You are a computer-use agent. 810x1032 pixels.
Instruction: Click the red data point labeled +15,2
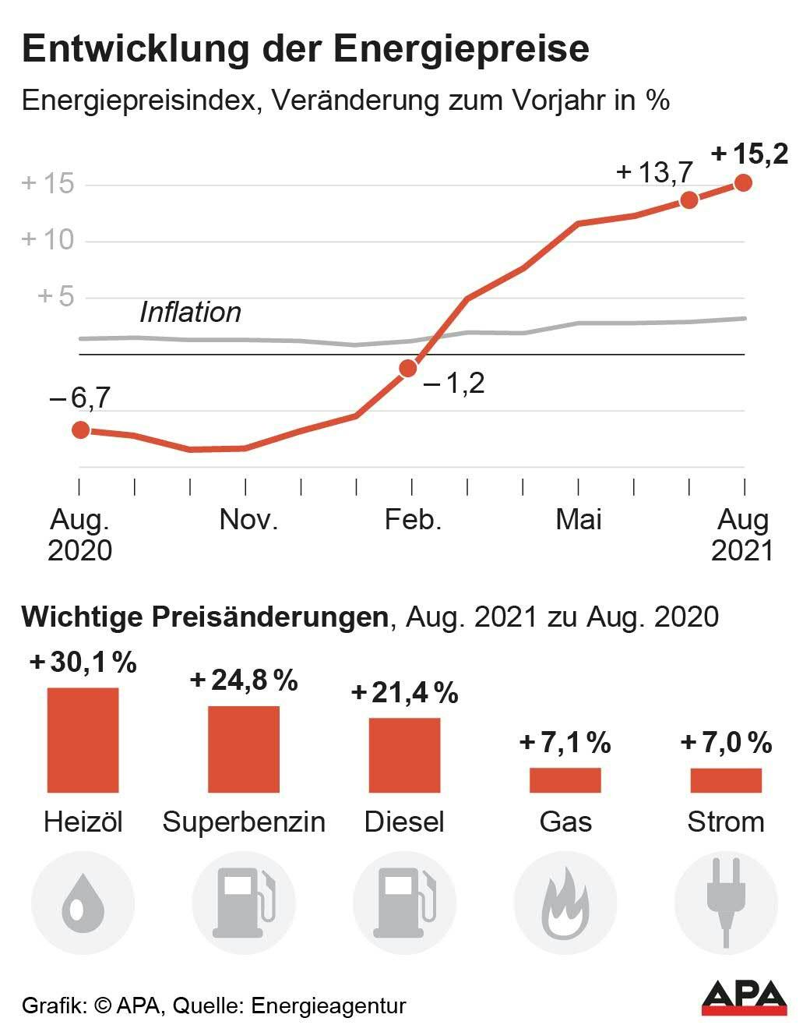click(x=743, y=183)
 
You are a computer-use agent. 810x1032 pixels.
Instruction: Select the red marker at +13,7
click(x=688, y=200)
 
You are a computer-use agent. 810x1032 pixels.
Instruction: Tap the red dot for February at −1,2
click(x=407, y=368)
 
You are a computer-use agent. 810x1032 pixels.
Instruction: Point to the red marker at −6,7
click(x=80, y=430)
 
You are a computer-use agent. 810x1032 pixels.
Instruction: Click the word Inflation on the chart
click(x=190, y=313)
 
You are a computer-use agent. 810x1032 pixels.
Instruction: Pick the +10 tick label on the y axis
click(x=48, y=239)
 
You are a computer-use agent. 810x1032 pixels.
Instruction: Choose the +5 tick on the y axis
click(x=55, y=296)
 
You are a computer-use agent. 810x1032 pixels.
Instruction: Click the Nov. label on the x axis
click(x=248, y=520)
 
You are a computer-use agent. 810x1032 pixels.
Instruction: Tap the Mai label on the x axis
click(x=578, y=520)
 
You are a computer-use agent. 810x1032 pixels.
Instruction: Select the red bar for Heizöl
click(x=83, y=740)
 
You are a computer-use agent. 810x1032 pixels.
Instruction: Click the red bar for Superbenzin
click(x=243, y=749)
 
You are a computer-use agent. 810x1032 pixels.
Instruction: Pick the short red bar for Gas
click(x=565, y=780)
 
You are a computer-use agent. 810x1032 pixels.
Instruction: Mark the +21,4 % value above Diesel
click(x=404, y=692)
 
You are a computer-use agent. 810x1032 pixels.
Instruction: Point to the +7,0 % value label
click(x=726, y=743)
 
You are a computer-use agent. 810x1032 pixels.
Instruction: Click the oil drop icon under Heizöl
click(x=83, y=903)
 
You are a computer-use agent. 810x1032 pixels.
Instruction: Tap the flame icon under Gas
click(x=565, y=903)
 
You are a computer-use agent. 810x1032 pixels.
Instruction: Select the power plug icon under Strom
click(x=725, y=903)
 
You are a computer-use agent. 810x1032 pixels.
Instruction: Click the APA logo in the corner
click(x=744, y=998)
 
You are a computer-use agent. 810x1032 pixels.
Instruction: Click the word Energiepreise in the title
click(x=461, y=49)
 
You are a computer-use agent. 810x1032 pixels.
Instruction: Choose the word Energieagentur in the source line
click(x=329, y=1005)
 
